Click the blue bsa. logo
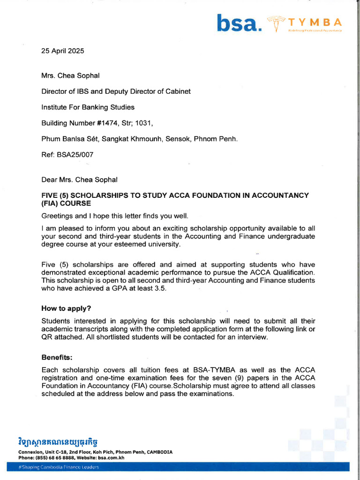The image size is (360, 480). pyautogui.click(x=239, y=23)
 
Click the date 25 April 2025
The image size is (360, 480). pyautogui.click(x=63, y=51)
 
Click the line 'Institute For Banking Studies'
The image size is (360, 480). pyautogui.click(x=88, y=107)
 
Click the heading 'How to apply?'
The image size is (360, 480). pyautogui.click(x=66, y=308)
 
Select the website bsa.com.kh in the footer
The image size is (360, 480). pyautogui.click(x=112, y=457)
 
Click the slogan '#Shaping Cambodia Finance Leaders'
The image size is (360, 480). pyautogui.click(x=59, y=467)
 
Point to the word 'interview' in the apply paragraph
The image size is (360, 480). pyautogui.click(x=252, y=337)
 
